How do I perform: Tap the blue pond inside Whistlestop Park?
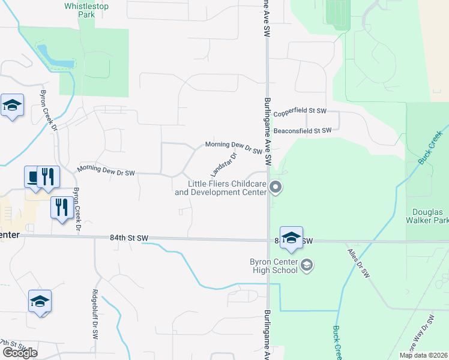56,56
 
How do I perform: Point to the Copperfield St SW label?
300,112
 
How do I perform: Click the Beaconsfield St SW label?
302,130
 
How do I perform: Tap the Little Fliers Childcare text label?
220,188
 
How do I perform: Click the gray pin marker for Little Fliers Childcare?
276,188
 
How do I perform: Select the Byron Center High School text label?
274,265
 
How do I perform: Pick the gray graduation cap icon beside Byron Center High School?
306,265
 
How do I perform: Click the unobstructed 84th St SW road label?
129,238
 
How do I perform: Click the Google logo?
20,353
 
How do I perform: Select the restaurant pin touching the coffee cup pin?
49,177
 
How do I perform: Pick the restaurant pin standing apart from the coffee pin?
61,208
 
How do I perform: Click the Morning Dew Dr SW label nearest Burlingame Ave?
234,147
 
